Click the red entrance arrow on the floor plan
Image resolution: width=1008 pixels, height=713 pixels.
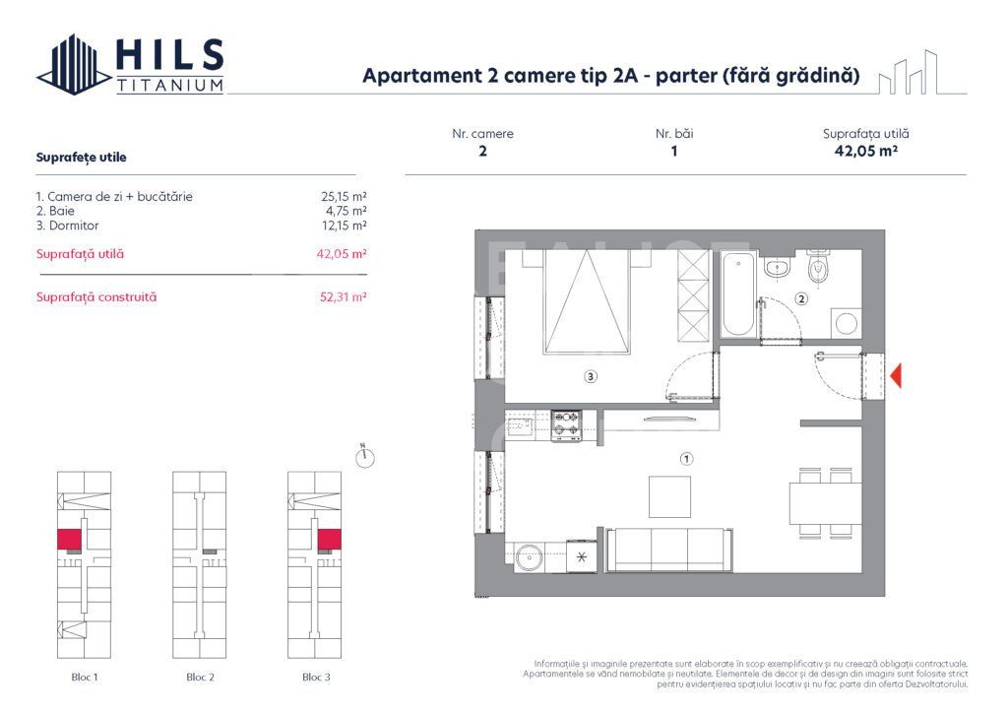(896, 375)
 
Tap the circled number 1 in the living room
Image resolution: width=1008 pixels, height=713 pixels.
(687, 458)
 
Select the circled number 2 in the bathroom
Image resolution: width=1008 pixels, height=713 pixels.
(801, 299)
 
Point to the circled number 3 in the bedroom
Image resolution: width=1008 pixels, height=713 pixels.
(590, 375)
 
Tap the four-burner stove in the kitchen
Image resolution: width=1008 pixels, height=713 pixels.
(566, 425)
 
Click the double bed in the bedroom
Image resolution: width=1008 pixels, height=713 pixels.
(587, 300)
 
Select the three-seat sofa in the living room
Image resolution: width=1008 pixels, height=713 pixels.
(668, 550)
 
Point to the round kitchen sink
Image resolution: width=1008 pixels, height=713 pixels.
(529, 557)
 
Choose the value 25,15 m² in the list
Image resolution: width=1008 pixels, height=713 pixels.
(338, 196)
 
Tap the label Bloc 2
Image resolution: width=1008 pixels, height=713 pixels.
(200, 677)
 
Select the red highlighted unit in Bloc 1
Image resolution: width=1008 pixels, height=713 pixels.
(69, 539)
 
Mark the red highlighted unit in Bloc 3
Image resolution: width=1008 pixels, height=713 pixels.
(328, 539)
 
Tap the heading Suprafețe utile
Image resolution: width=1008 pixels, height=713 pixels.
(81, 157)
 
